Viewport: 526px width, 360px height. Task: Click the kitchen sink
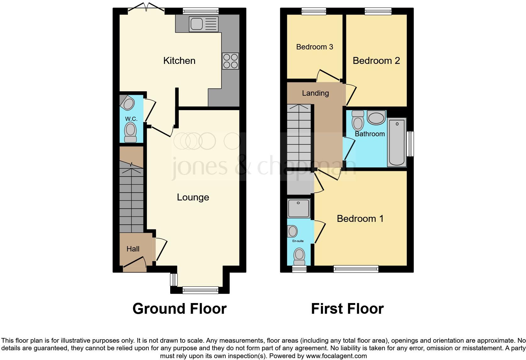click(x=203, y=24)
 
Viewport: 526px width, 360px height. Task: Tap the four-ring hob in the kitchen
click(x=230, y=61)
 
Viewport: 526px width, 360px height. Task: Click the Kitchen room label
click(x=179, y=61)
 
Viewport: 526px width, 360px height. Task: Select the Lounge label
click(x=193, y=197)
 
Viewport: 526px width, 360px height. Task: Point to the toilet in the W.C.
click(x=130, y=132)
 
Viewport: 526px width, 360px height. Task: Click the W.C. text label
click(x=131, y=119)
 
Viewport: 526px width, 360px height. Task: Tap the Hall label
click(x=133, y=249)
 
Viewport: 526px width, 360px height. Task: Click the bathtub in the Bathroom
click(x=397, y=142)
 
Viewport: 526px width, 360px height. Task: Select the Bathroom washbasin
click(x=376, y=118)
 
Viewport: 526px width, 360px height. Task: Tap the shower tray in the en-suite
click(x=299, y=208)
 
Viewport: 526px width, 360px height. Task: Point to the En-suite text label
click(x=298, y=241)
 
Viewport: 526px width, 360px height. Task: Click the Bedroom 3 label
click(x=315, y=47)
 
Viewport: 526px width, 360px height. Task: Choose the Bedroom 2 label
click(x=376, y=61)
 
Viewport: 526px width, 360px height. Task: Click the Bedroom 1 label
click(x=360, y=219)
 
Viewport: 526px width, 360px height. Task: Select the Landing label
click(x=315, y=93)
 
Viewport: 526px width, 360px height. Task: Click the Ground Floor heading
click(x=179, y=309)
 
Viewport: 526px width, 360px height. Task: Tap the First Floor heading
click(x=347, y=309)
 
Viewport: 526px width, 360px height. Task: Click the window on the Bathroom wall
click(x=410, y=144)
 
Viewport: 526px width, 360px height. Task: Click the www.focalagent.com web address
click(x=336, y=356)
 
